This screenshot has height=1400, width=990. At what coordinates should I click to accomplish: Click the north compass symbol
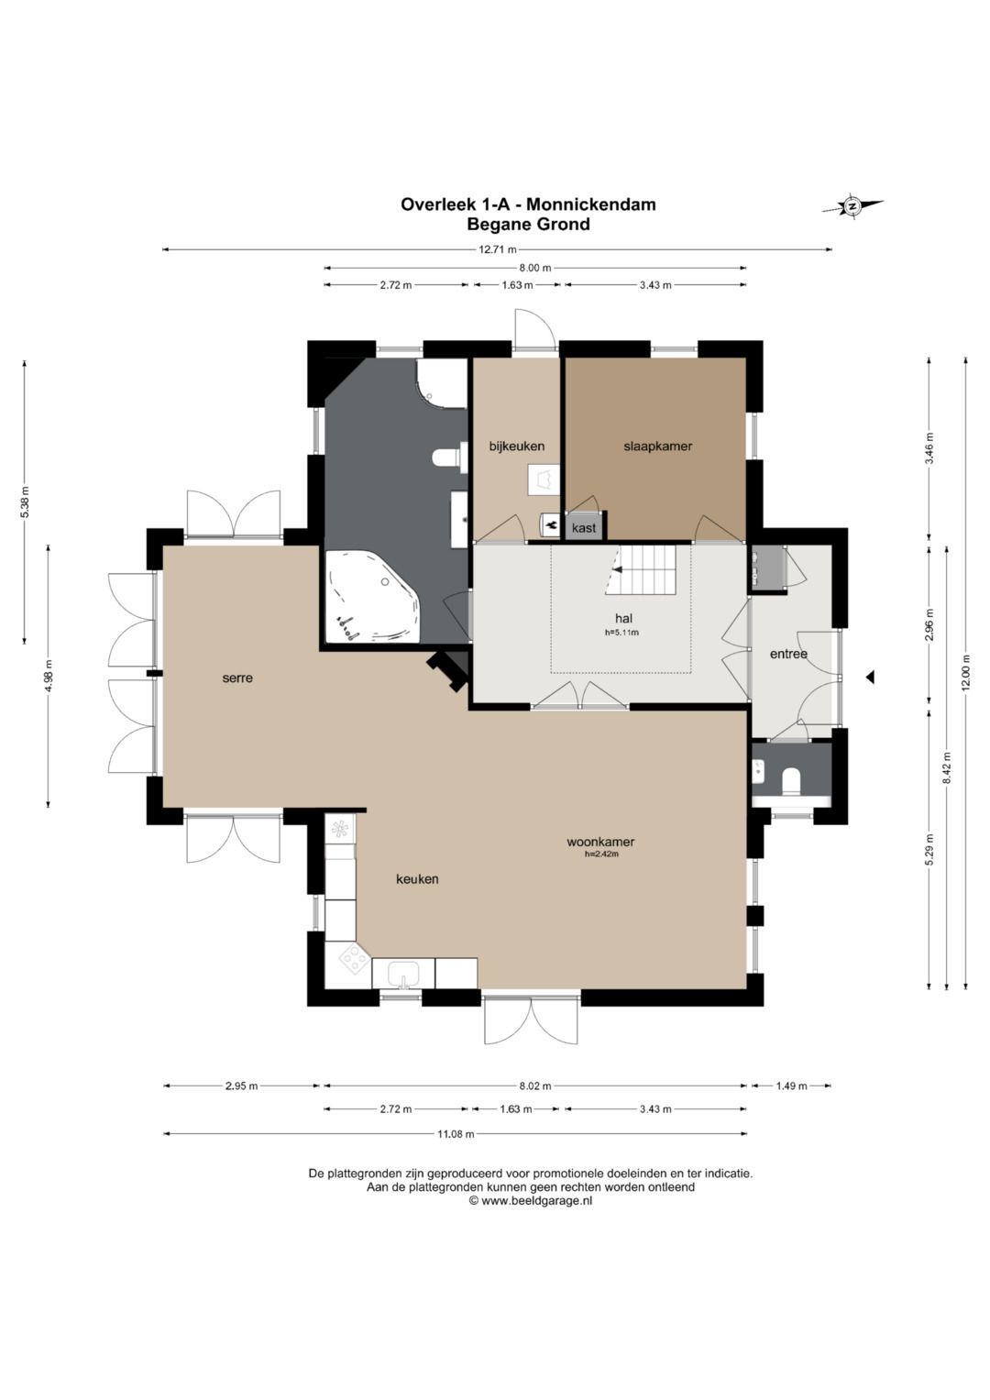coord(852,205)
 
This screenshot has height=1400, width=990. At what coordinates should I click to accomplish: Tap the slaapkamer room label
coord(657,446)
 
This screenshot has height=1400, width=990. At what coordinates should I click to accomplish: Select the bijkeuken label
coord(516,446)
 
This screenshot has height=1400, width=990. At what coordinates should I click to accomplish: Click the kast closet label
coord(584,528)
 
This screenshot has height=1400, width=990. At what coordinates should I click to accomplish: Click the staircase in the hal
coord(640,570)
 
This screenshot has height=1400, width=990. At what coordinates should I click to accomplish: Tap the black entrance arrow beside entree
coord(869,677)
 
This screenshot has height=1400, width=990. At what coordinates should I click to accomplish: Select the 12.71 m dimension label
coord(498,250)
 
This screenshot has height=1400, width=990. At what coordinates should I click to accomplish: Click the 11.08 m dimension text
coord(455,1134)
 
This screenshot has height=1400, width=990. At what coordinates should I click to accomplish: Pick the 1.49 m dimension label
coord(791,1086)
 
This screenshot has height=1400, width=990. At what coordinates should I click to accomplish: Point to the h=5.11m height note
coord(621,632)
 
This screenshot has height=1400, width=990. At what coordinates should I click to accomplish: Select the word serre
coord(237,678)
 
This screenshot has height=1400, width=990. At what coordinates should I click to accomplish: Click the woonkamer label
coord(600,842)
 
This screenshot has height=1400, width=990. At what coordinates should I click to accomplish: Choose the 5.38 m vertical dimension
coord(25,502)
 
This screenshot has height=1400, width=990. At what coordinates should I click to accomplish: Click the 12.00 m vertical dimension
coord(966,672)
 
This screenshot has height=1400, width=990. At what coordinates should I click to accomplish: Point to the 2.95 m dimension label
coord(241,1086)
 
